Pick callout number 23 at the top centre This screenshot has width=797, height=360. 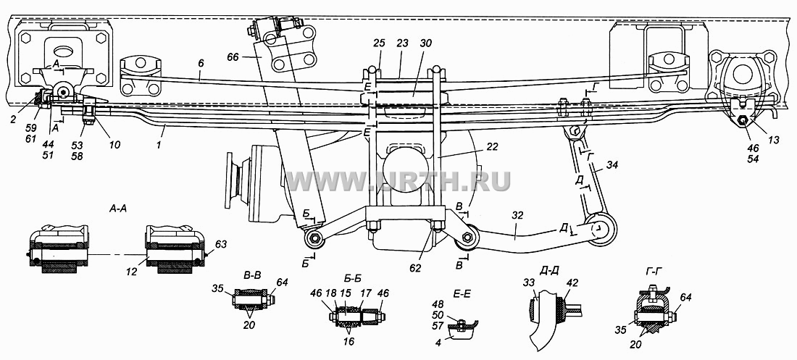click(402, 43)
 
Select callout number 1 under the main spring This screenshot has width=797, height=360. click(161, 131)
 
